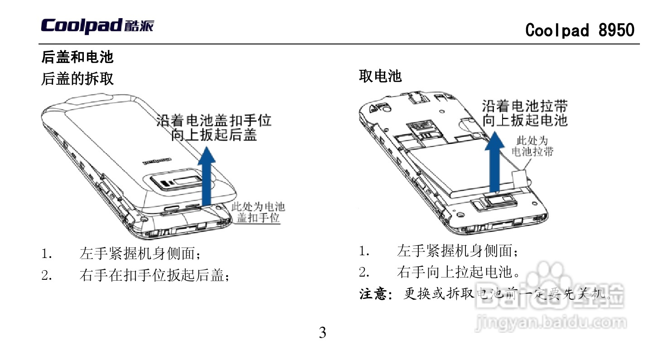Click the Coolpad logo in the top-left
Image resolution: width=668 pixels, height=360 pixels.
97,26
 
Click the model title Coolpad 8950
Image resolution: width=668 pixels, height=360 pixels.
580,30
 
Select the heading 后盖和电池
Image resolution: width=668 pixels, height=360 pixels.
77,57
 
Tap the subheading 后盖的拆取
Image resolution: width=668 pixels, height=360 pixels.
77,79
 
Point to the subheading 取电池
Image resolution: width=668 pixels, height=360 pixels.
380,76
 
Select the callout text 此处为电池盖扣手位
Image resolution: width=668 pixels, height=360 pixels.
258,213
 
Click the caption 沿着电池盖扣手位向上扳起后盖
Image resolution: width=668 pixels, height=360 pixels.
214,127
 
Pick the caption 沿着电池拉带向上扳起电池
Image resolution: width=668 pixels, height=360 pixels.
524,113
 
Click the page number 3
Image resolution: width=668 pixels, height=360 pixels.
322,333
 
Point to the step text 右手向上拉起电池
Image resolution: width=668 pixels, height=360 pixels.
458,272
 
